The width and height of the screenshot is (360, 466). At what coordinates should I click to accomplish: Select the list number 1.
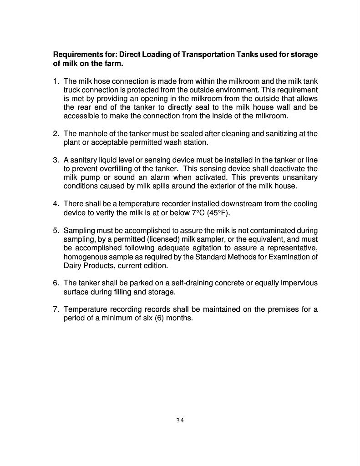56,81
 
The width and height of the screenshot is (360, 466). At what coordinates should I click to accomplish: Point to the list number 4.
56,203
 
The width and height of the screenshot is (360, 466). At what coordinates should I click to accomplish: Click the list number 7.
56,309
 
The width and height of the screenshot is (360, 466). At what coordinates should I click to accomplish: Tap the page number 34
180,420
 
